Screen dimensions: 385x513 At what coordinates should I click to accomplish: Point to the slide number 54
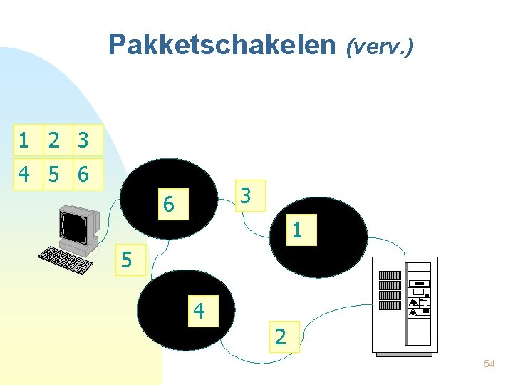point(489,364)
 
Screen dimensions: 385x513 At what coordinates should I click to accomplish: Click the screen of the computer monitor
point(76,227)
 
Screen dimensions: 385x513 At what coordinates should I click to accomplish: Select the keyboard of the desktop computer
point(65,259)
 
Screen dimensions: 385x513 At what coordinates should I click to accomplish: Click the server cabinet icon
point(405,304)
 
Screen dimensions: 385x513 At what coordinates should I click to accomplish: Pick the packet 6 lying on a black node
point(168,204)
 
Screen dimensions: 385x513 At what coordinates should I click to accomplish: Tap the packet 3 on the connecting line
point(245,195)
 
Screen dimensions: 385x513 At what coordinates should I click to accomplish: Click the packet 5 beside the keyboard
point(126,260)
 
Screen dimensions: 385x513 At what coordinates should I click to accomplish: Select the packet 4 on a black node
point(199,311)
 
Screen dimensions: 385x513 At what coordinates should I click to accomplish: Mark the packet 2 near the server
point(281,337)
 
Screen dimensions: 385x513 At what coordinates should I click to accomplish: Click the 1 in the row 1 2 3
point(24,140)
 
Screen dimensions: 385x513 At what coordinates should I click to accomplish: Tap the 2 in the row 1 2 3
point(53,140)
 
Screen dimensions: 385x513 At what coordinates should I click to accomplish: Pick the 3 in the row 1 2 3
point(83,140)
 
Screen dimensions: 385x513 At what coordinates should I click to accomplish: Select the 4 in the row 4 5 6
point(24,174)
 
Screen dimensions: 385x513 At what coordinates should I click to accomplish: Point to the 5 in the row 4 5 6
point(53,174)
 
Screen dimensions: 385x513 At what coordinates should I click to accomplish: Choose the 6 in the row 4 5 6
point(83,174)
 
